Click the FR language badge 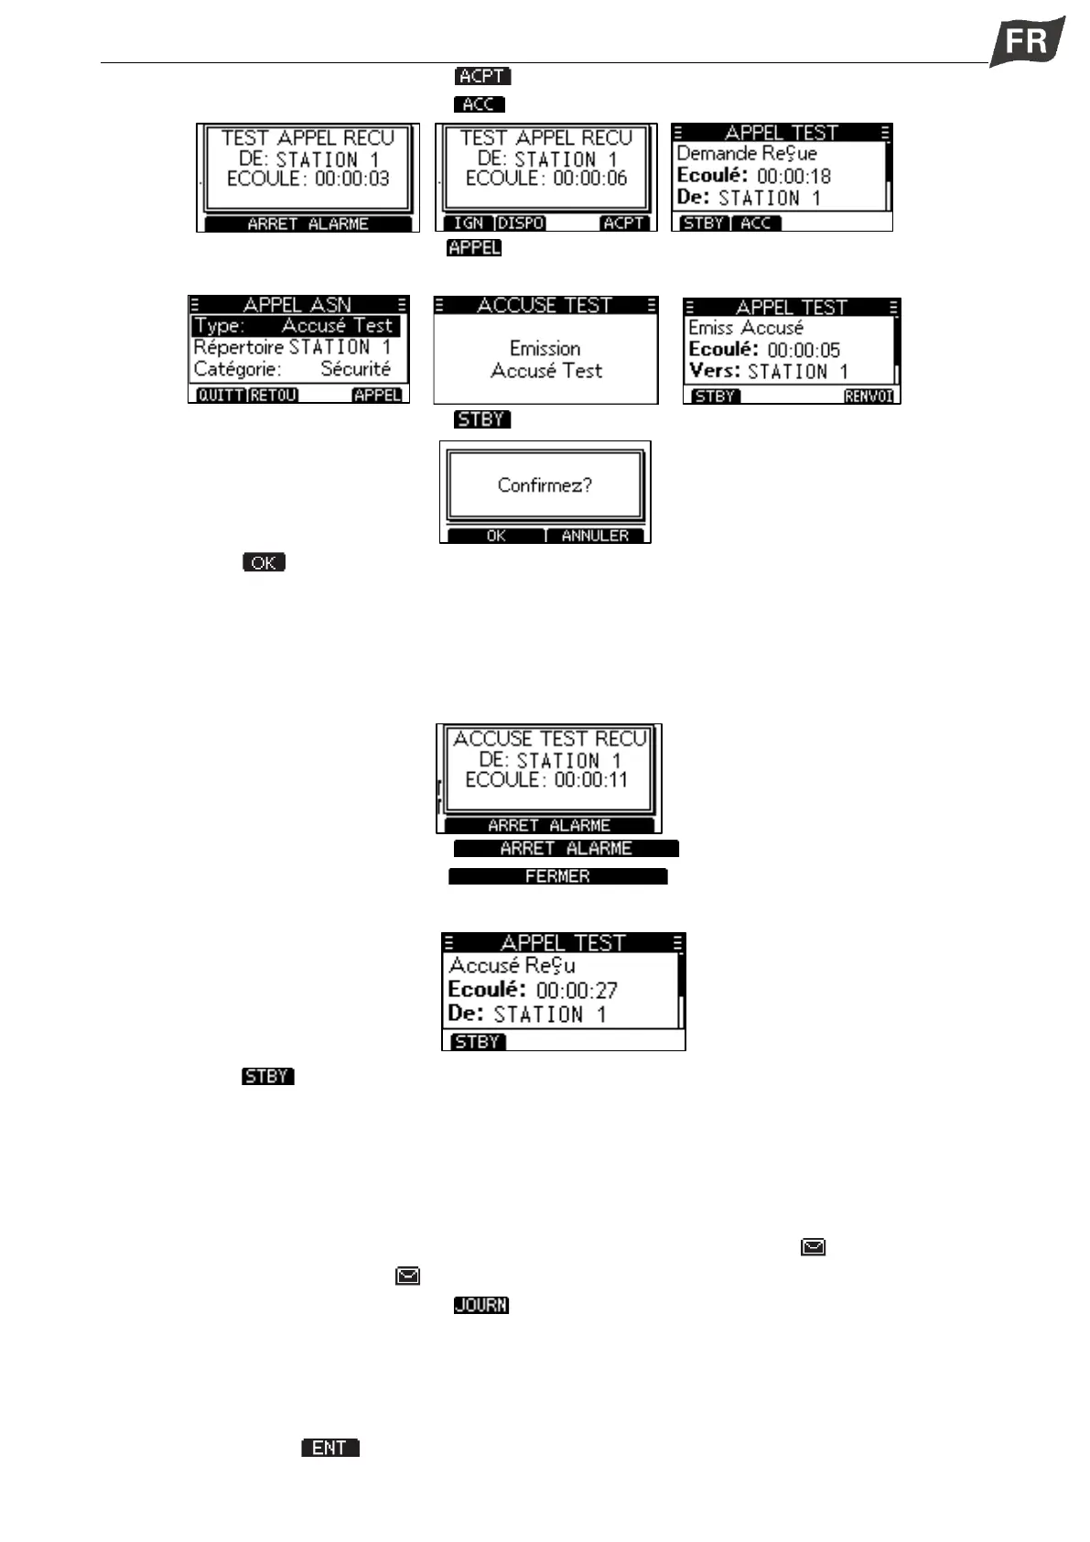point(1027,41)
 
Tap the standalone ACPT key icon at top point(482,76)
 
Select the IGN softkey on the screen point(468,223)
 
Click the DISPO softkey point(521,223)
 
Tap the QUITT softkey point(221,396)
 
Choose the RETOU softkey point(273,396)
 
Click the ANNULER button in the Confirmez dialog point(595,536)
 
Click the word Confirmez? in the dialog point(545,485)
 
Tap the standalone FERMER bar point(557,876)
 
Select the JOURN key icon point(481,1305)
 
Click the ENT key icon point(329,1448)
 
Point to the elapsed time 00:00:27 point(577,990)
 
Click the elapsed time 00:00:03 point(352,179)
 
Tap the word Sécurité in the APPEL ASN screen point(355,369)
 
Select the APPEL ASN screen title point(297,305)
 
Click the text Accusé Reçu point(512,965)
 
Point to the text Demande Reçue point(746,154)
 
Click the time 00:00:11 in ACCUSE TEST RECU point(591,780)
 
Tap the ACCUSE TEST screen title point(545,305)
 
